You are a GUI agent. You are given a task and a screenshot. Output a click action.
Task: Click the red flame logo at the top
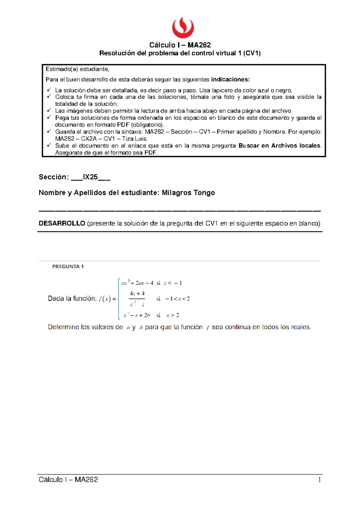point(183,28)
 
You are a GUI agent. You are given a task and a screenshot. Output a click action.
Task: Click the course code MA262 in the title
point(199,45)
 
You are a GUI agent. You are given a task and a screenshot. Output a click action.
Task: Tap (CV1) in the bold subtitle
point(252,53)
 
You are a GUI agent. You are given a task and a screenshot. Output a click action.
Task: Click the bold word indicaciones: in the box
point(230,80)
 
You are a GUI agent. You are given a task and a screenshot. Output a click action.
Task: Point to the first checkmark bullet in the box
point(49,90)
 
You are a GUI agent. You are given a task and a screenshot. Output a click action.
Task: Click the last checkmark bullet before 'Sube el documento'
point(49,146)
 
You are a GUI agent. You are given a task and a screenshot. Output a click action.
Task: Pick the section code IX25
point(90,177)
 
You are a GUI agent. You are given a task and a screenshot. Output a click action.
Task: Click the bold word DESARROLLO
point(62,223)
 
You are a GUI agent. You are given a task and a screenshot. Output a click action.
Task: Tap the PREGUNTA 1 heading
point(68,267)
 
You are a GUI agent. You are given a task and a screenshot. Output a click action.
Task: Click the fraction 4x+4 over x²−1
point(137,299)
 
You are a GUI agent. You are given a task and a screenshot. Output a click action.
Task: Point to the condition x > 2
point(173,315)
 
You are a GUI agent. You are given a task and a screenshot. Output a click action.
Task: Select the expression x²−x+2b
point(137,315)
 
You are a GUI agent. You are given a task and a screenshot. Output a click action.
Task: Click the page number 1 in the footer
point(319,480)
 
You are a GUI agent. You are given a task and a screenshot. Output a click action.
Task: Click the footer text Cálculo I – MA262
point(68,480)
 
